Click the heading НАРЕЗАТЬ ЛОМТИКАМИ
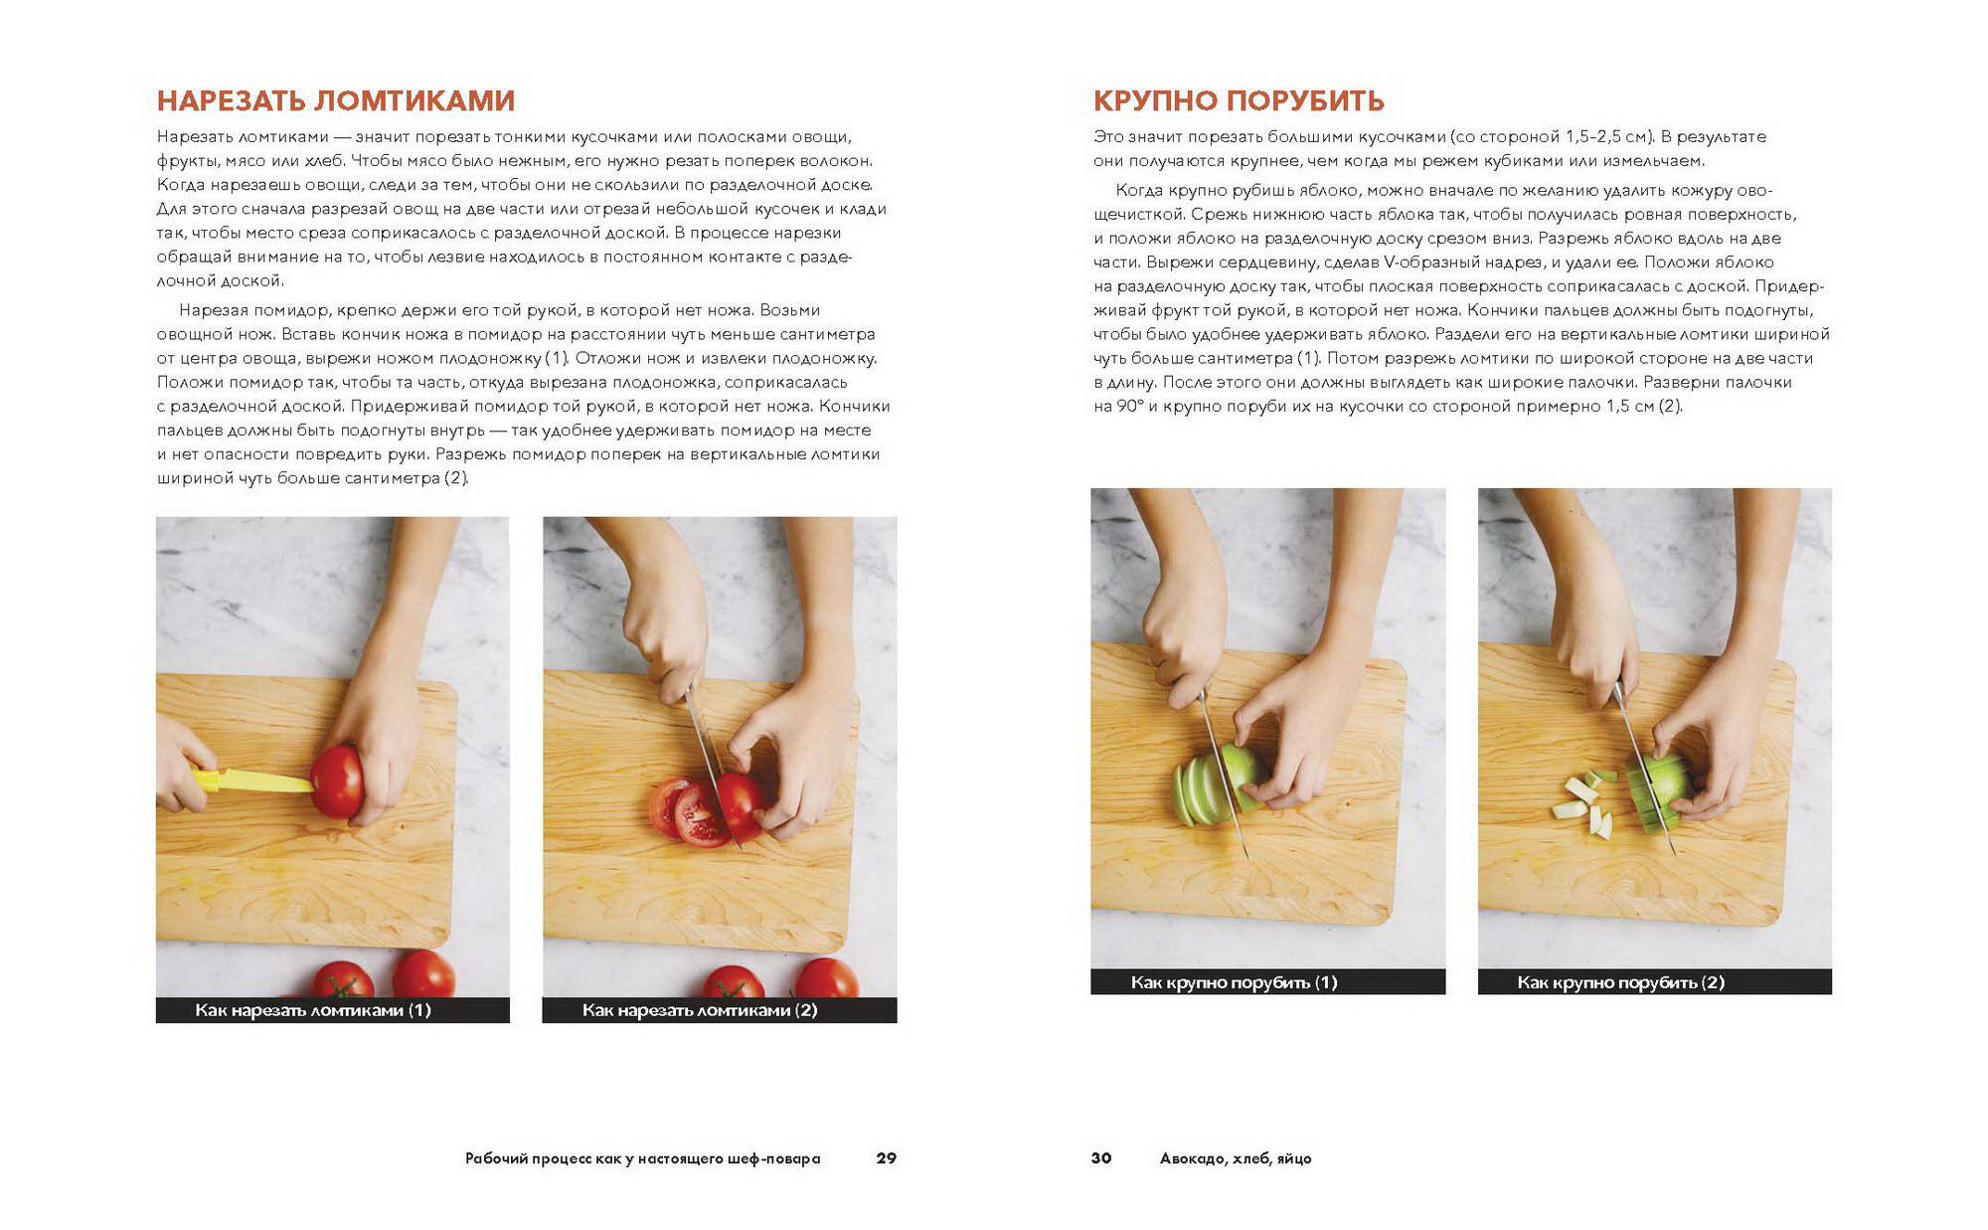click(x=336, y=100)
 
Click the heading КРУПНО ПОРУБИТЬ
click(x=1239, y=100)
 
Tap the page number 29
click(x=886, y=1157)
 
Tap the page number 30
click(x=1101, y=1157)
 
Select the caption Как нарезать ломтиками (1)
click(x=313, y=1010)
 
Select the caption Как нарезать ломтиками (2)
click(x=700, y=1010)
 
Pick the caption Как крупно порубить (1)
click(x=1234, y=982)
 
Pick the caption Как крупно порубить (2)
click(x=1620, y=982)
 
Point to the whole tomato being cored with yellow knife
click(x=338, y=782)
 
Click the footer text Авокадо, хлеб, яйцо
click(x=1236, y=1158)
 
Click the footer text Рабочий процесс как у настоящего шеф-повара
click(x=643, y=1158)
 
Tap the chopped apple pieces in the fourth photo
click(x=1584, y=801)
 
